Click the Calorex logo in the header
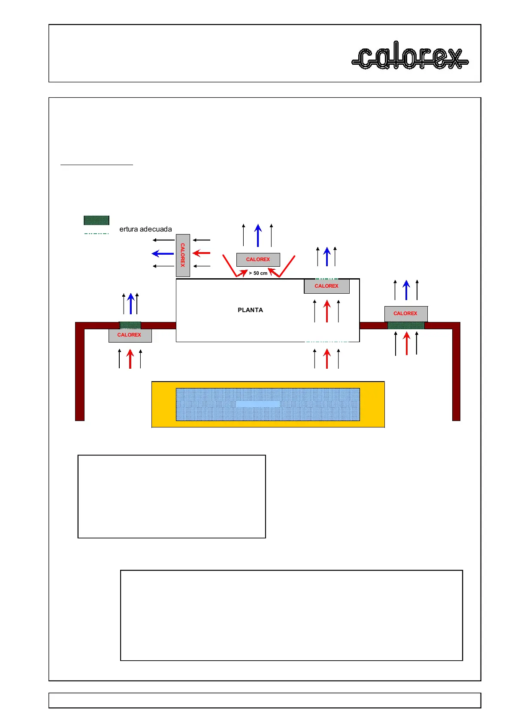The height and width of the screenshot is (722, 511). coord(410,56)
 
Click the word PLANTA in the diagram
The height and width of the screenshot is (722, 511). coord(250,310)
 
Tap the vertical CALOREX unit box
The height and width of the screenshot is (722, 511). coord(183,255)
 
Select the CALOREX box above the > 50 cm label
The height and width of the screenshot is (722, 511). coord(258,259)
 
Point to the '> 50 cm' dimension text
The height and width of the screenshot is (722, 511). coord(258,273)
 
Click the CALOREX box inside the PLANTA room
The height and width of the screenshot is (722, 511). coord(327,286)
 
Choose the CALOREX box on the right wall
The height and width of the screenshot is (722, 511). coord(405,313)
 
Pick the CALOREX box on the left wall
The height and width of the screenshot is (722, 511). coord(130,335)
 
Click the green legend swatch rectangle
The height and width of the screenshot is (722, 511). coord(96,220)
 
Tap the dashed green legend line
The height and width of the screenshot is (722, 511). coord(96,234)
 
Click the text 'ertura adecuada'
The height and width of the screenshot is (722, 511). coord(145,229)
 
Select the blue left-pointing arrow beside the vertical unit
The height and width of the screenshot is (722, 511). coord(163,253)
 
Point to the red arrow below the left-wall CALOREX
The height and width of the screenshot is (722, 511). coord(130,359)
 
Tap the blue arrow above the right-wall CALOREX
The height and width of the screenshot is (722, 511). coord(406,290)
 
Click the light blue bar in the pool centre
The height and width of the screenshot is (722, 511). coord(258,404)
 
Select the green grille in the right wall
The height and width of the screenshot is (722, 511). coord(405,325)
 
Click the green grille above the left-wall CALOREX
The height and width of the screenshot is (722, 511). coord(130,325)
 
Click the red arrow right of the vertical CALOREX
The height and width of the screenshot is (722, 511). coord(201,253)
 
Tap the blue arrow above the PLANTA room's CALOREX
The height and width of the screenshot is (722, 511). coord(327,256)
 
